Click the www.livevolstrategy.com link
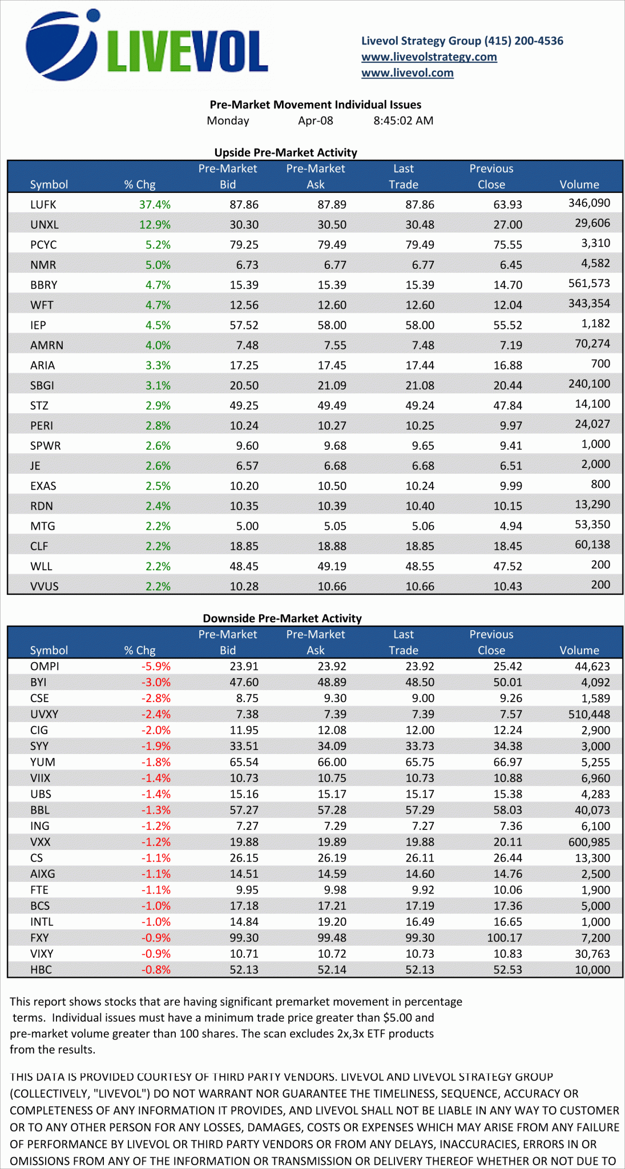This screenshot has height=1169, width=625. click(429, 57)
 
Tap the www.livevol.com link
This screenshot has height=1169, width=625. click(407, 72)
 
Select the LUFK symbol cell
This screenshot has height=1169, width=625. click(43, 204)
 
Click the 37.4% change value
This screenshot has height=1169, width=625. click(155, 204)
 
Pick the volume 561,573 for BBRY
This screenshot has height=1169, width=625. click(589, 283)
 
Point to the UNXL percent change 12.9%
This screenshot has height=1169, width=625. click(155, 224)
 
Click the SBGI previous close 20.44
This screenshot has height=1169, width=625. click(507, 385)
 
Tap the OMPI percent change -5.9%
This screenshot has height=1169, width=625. click(156, 666)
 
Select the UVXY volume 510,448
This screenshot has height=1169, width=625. click(589, 714)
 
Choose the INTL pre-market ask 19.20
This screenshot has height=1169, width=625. click(332, 921)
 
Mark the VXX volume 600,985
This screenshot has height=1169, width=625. click(589, 842)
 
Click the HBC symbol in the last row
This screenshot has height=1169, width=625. click(41, 969)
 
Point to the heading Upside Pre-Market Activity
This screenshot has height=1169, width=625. click(285, 152)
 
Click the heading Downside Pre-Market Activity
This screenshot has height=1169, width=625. click(282, 618)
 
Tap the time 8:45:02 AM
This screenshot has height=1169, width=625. click(403, 120)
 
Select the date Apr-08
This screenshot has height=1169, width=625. click(315, 120)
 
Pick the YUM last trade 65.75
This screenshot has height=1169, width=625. click(420, 762)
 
